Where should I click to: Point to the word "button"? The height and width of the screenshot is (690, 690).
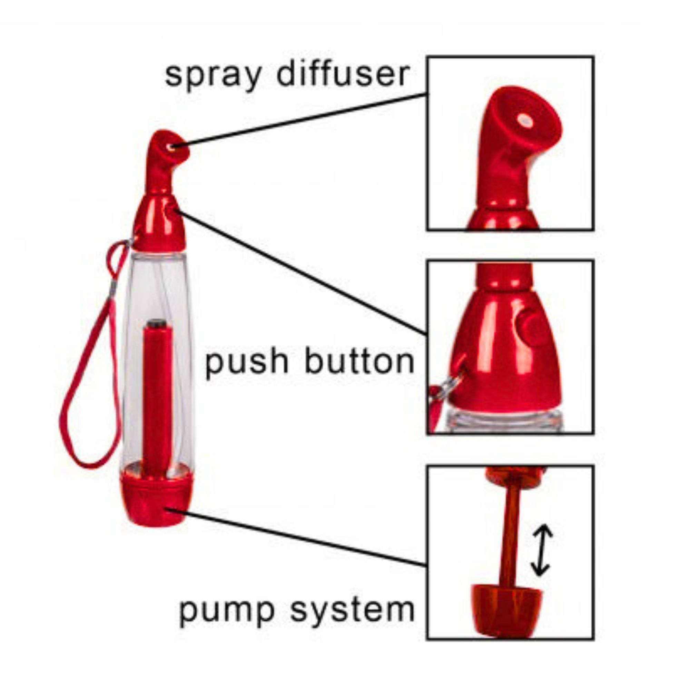359,361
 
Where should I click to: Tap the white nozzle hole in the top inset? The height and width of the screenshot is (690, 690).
525,121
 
